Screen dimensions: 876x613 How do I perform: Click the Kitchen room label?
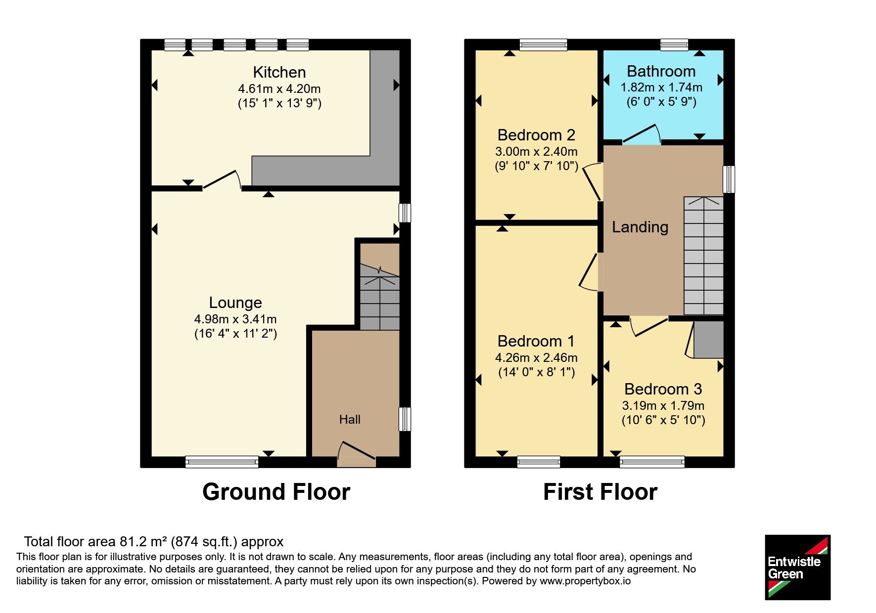(279, 72)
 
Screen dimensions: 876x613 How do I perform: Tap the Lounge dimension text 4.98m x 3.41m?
(235, 319)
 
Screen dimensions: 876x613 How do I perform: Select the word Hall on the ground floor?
(350, 419)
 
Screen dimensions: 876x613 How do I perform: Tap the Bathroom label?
(661, 71)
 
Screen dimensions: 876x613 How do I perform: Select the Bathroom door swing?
(642, 133)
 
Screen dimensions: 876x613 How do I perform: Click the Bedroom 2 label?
(536, 135)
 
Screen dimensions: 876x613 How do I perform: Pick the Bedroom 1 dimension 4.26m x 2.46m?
(536, 357)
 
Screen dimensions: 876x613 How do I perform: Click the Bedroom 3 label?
(663, 389)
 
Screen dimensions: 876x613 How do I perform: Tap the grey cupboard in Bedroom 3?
(709, 340)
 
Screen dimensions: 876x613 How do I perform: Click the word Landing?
(640, 227)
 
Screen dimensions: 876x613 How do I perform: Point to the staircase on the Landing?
(703, 256)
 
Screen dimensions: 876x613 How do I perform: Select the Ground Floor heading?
(276, 492)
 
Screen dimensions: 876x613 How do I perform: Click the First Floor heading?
(600, 492)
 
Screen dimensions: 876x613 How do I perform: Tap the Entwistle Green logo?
(797, 567)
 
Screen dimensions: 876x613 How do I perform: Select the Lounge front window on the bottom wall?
(222, 462)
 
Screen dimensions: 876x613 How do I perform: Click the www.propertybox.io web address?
(585, 581)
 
